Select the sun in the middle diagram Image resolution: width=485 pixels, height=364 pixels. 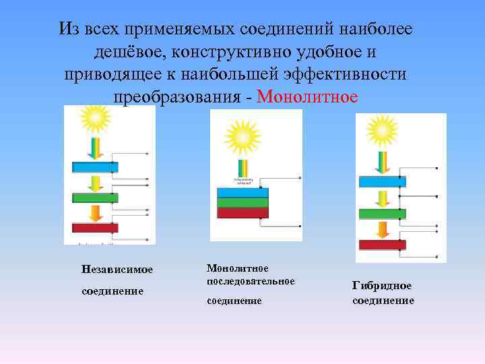[243, 137]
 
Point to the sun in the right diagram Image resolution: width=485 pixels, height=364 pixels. [382, 129]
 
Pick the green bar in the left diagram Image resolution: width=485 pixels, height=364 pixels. [95, 198]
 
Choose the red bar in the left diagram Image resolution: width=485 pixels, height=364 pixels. [95, 228]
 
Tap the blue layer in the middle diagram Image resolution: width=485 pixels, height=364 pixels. [243, 192]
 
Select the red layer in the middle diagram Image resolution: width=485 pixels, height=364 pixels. [243, 213]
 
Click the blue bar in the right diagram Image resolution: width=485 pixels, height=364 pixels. [382, 181]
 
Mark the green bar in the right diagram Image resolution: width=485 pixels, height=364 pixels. [382, 214]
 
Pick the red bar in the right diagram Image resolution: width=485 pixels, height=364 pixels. [382, 245]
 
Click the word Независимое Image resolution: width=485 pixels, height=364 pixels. [117, 270]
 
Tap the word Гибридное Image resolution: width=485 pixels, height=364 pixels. [381, 285]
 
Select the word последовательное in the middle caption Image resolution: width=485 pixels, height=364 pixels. [251, 280]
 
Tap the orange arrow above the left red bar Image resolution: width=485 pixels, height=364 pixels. [96, 212]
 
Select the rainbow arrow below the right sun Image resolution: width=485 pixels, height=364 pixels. [382, 162]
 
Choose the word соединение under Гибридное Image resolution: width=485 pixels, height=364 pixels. [383, 301]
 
